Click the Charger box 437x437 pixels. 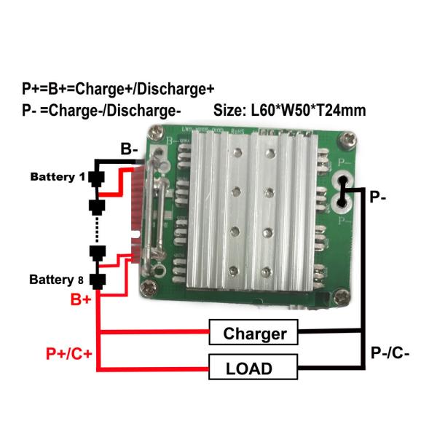(x=254, y=334)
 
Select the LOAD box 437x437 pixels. (x=254, y=367)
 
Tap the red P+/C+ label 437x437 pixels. (x=68, y=354)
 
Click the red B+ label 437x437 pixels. (x=81, y=299)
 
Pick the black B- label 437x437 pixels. (x=130, y=150)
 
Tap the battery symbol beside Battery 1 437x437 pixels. (x=96, y=178)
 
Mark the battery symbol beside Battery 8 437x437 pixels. (x=96, y=280)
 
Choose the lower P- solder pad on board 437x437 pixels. (x=341, y=199)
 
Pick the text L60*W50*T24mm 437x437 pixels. (x=308, y=111)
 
